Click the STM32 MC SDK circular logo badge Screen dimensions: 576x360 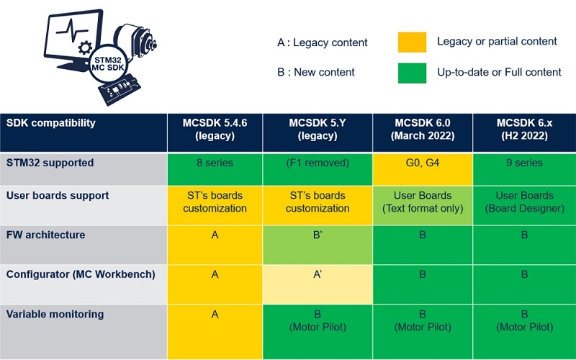click(x=109, y=64)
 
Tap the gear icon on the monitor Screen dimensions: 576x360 click(x=85, y=48)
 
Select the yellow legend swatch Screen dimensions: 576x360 click(x=412, y=42)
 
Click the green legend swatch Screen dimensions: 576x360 click(x=412, y=73)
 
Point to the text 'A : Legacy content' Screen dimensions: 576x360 click(x=322, y=42)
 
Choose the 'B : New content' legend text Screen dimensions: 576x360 click(x=316, y=72)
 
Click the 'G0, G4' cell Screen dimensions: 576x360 click(x=423, y=169)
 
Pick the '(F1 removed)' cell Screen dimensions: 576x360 click(x=318, y=169)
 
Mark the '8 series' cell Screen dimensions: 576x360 click(x=215, y=169)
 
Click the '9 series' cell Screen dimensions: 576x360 click(x=525, y=169)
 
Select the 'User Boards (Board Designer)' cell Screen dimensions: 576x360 click(x=525, y=205)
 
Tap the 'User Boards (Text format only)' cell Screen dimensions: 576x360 click(x=423, y=205)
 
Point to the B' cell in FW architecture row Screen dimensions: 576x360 click(x=318, y=245)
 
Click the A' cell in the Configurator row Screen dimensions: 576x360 click(x=318, y=284)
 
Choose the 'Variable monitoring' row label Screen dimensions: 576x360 click(x=55, y=315)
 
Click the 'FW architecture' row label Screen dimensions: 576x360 click(x=45, y=235)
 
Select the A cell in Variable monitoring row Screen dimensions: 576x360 click(x=215, y=332)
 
